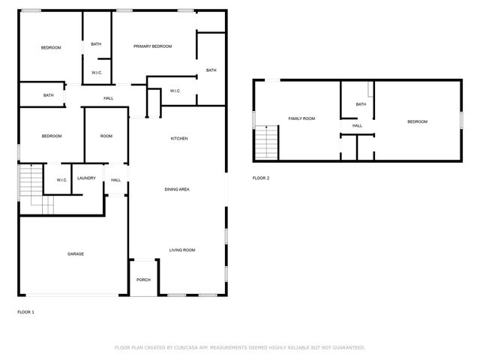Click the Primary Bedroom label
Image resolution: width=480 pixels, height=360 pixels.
(153, 46)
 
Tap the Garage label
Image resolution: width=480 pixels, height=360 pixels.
(76, 254)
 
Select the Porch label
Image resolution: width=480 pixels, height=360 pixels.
(143, 280)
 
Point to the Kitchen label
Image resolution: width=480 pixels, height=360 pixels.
(179, 139)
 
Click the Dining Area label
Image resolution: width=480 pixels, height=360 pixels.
(177, 189)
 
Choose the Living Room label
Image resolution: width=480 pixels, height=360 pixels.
(181, 250)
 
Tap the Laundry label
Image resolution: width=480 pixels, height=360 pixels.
(86, 178)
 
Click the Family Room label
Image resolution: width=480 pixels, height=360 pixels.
(301, 118)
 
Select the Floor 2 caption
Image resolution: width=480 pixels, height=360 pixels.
(260, 178)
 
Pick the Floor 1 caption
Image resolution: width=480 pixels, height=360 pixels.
(25, 311)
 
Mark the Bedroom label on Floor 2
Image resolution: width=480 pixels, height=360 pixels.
(417, 121)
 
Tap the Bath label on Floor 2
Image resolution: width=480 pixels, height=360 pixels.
(361, 104)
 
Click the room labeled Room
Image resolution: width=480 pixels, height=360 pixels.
(106, 136)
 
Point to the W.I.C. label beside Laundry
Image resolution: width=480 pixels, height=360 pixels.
(61, 180)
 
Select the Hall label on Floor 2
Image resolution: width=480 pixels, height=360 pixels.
(358, 125)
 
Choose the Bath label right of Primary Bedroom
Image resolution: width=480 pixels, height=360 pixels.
(211, 70)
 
